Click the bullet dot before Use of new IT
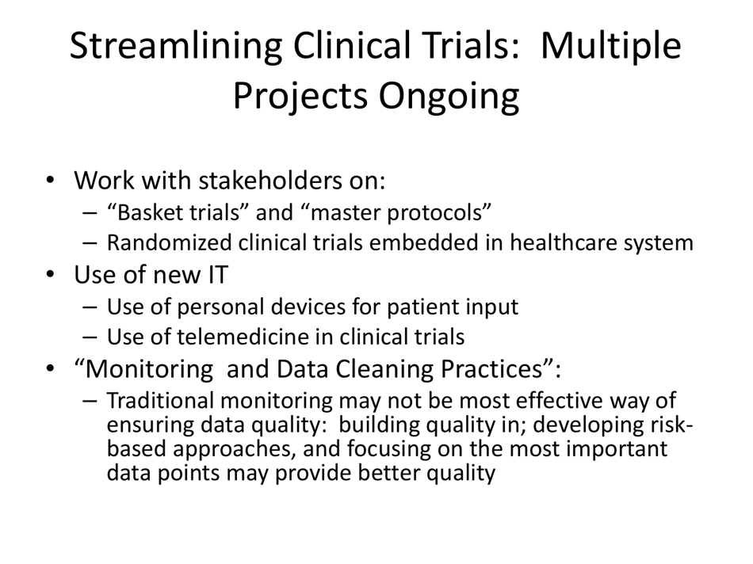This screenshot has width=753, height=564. [51, 276]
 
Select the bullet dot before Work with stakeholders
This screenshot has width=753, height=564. [51, 181]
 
